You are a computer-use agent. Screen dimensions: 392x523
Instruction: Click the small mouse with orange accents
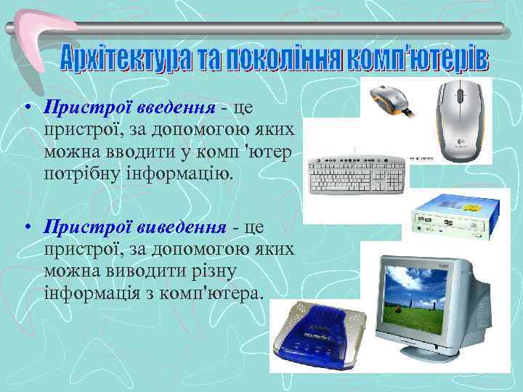pos(392,100)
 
